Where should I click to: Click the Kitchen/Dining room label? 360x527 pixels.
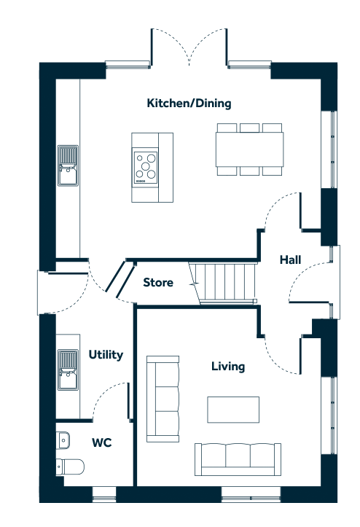(189, 104)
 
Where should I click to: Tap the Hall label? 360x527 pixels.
(291, 259)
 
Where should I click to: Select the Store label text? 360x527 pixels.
(158, 282)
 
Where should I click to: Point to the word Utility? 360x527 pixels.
(106, 355)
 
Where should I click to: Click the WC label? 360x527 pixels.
(102, 442)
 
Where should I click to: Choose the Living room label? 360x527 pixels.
(228, 367)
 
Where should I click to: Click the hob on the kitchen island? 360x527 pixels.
(145, 166)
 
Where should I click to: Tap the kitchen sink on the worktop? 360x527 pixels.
(68, 165)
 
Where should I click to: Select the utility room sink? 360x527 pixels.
(68, 370)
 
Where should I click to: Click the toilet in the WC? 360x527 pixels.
(70, 467)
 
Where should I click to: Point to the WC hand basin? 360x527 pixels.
(63, 440)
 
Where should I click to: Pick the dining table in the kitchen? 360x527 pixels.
(249, 149)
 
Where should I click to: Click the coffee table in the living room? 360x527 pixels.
(233, 410)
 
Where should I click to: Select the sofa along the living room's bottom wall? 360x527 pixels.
(238, 459)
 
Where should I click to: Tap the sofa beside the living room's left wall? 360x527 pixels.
(163, 399)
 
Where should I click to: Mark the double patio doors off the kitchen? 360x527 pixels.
(189, 47)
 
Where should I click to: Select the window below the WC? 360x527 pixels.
(104, 494)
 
